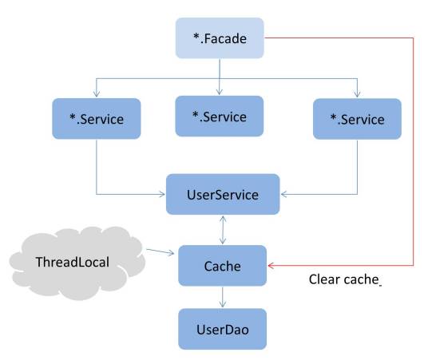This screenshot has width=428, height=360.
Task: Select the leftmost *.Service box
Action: coord(96,121)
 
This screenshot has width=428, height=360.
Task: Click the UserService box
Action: coord(223,194)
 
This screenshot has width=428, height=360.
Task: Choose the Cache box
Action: coord(223,265)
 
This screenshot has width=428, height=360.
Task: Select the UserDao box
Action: coord(223,329)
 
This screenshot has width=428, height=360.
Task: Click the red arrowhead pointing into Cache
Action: coord(271,265)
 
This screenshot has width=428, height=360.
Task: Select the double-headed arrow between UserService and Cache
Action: coord(223,230)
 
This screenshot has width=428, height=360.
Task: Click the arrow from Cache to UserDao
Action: coord(223,297)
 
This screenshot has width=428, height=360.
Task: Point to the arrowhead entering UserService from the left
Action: coord(162,194)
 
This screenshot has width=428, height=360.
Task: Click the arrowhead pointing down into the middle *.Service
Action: coord(219,93)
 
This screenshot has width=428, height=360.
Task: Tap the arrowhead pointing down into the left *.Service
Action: coord(96,96)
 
